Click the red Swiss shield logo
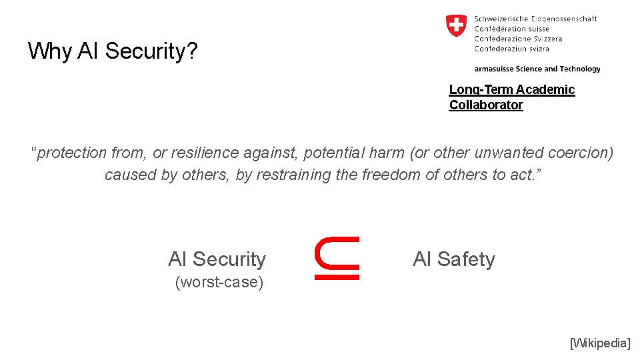coord(456,26)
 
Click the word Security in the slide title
coord(151,51)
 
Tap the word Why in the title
coord(50,51)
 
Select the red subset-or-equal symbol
coord(337,258)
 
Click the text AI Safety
coord(454,259)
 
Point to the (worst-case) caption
coord(219,282)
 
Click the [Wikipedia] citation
coord(600,343)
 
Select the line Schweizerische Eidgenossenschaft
coord(535,19)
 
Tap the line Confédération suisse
coord(511,29)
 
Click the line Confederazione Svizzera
coord(518,39)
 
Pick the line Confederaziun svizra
coord(511,49)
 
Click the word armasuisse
coord(494,69)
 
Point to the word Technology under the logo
coord(580,69)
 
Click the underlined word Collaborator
coord(486,105)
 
